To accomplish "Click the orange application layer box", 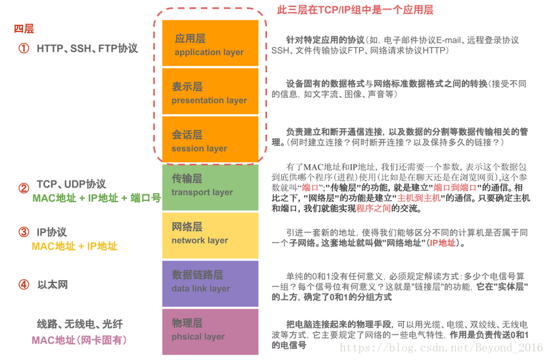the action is tap(210, 44).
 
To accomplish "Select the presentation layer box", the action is tap(210, 92).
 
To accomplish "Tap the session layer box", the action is tap(210, 140).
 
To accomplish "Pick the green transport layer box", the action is tap(210, 186).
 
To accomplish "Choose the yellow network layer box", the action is tap(210, 234).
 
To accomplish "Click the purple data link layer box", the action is tap(210, 282).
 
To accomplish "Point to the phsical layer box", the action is tap(210, 330).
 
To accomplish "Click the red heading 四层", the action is tap(24, 29).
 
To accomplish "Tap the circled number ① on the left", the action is tap(23, 48).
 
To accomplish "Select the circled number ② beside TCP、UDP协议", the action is tap(23, 189).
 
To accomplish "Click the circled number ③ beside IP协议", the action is tap(23, 232).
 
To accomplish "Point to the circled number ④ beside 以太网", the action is tap(23, 285).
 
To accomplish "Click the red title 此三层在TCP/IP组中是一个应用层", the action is tap(356, 10).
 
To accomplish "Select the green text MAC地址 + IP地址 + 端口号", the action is tap(96, 198).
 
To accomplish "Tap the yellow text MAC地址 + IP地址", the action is tap(74, 246).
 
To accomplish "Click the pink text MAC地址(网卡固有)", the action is tap(79, 340).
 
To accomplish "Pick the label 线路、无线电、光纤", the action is tap(80, 324).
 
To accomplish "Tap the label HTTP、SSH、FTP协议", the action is tap(87, 48).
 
